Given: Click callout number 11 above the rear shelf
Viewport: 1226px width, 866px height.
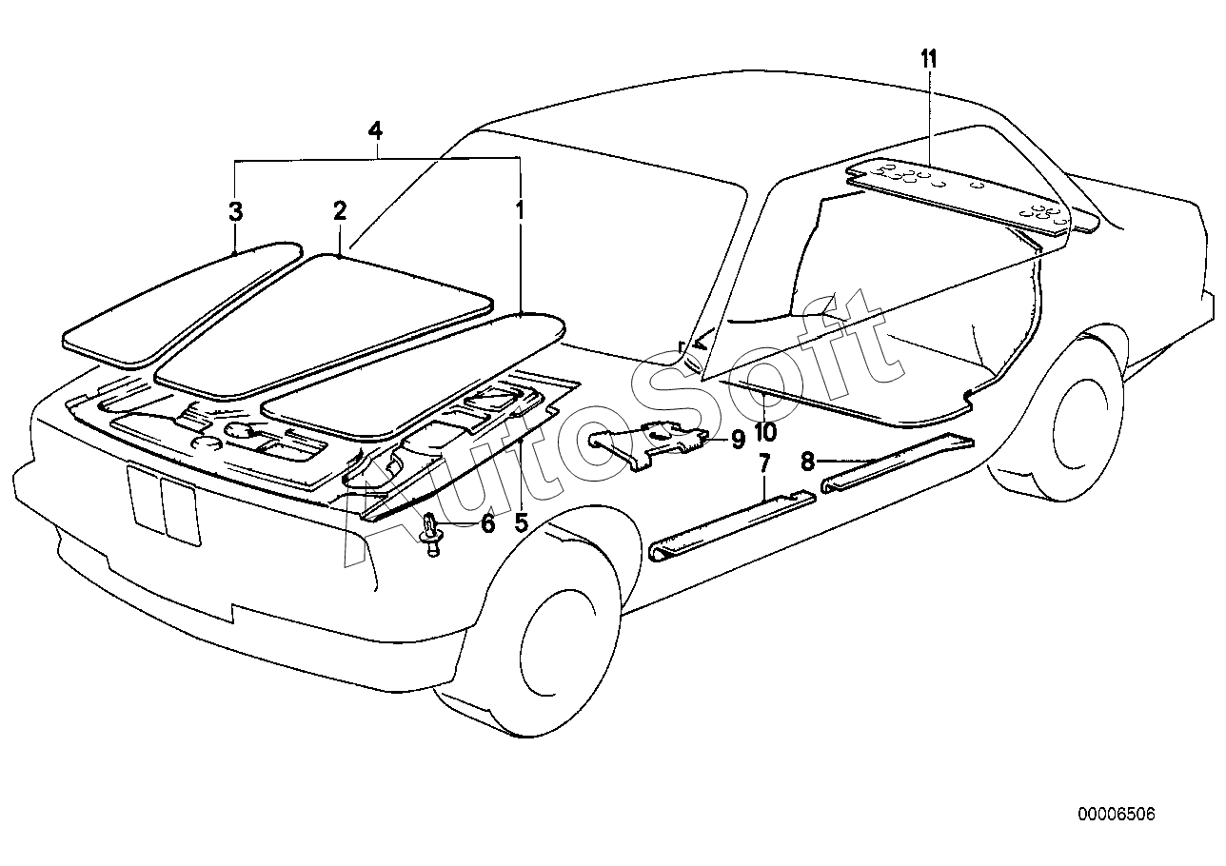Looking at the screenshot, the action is click(928, 59).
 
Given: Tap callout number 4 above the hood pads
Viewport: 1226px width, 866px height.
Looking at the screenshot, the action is click(375, 130).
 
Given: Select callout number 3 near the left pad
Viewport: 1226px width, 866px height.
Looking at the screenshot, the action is click(235, 211).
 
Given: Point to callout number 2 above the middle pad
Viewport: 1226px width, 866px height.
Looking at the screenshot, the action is click(340, 210).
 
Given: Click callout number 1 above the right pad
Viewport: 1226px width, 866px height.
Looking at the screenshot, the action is click(520, 210).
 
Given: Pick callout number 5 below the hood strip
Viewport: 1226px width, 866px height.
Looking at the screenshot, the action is click(521, 523).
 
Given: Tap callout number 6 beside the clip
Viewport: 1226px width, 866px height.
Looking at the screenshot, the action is click(487, 523).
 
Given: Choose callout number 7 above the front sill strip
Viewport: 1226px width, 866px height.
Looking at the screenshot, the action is click(764, 463).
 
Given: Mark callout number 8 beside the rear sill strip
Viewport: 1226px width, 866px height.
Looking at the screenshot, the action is click(807, 462).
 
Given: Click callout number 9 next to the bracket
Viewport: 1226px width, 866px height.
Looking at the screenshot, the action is click(738, 439).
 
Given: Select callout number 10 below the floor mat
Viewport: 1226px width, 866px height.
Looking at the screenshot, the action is click(765, 432).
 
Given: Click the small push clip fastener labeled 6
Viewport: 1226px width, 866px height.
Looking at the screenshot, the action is click(431, 535).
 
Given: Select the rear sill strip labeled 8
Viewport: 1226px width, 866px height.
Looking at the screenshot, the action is click(898, 463).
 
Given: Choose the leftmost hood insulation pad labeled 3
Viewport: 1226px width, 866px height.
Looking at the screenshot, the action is click(181, 305).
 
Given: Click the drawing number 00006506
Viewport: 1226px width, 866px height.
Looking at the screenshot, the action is click(1117, 830).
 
